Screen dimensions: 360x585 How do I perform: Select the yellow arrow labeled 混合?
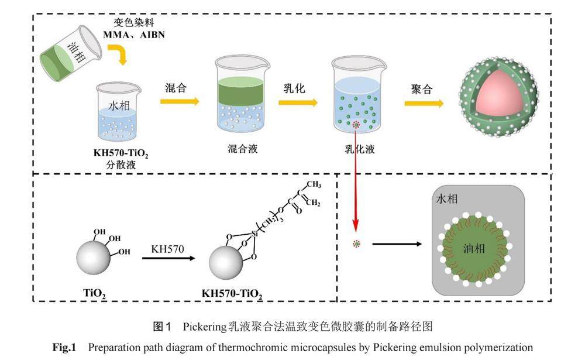180,101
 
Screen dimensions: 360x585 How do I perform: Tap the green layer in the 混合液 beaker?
239,92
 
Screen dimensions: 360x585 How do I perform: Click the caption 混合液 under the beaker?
240,149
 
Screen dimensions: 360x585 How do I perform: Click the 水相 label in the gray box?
448,199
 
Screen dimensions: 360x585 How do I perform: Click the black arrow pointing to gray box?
397,244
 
